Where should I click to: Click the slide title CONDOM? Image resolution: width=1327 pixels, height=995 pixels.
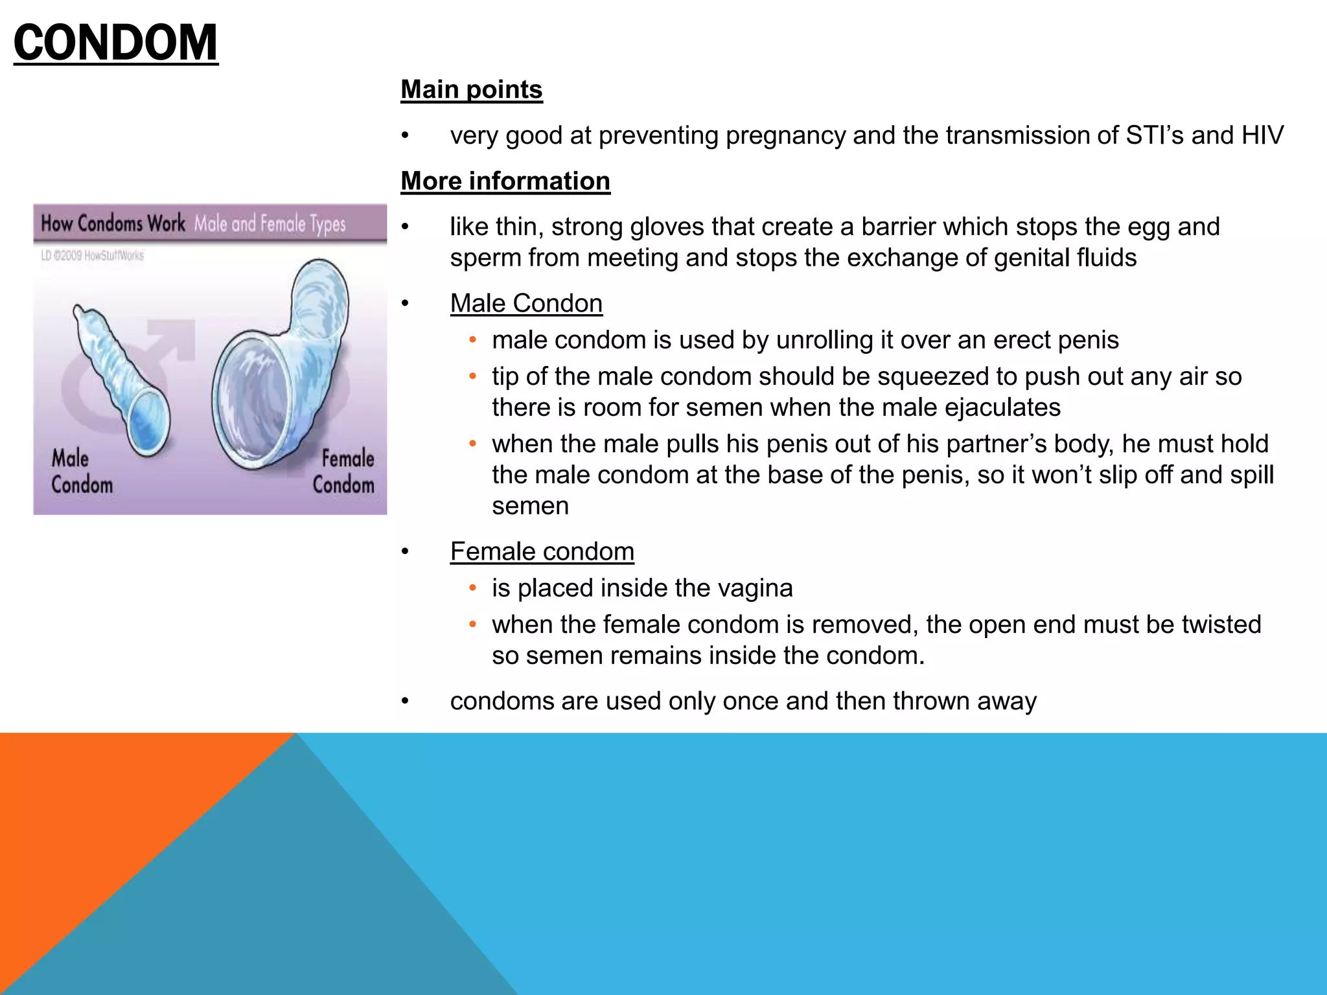(x=115, y=43)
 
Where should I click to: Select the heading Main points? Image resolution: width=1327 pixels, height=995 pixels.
(x=471, y=89)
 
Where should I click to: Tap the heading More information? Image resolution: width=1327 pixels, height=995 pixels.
(x=505, y=181)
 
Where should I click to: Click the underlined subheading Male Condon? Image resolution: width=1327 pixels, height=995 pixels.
(x=526, y=303)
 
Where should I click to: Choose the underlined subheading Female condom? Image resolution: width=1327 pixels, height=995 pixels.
(x=542, y=551)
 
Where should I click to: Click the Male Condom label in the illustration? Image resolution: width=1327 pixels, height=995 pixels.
(x=82, y=472)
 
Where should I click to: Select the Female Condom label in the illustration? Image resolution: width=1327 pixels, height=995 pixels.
(x=344, y=472)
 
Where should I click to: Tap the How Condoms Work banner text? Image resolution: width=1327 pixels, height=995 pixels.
(x=113, y=223)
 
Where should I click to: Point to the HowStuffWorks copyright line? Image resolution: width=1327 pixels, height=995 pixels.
(x=92, y=255)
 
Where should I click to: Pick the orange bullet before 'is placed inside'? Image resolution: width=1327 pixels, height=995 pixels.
(x=473, y=588)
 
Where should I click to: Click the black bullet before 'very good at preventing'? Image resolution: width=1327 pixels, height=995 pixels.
(x=405, y=136)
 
